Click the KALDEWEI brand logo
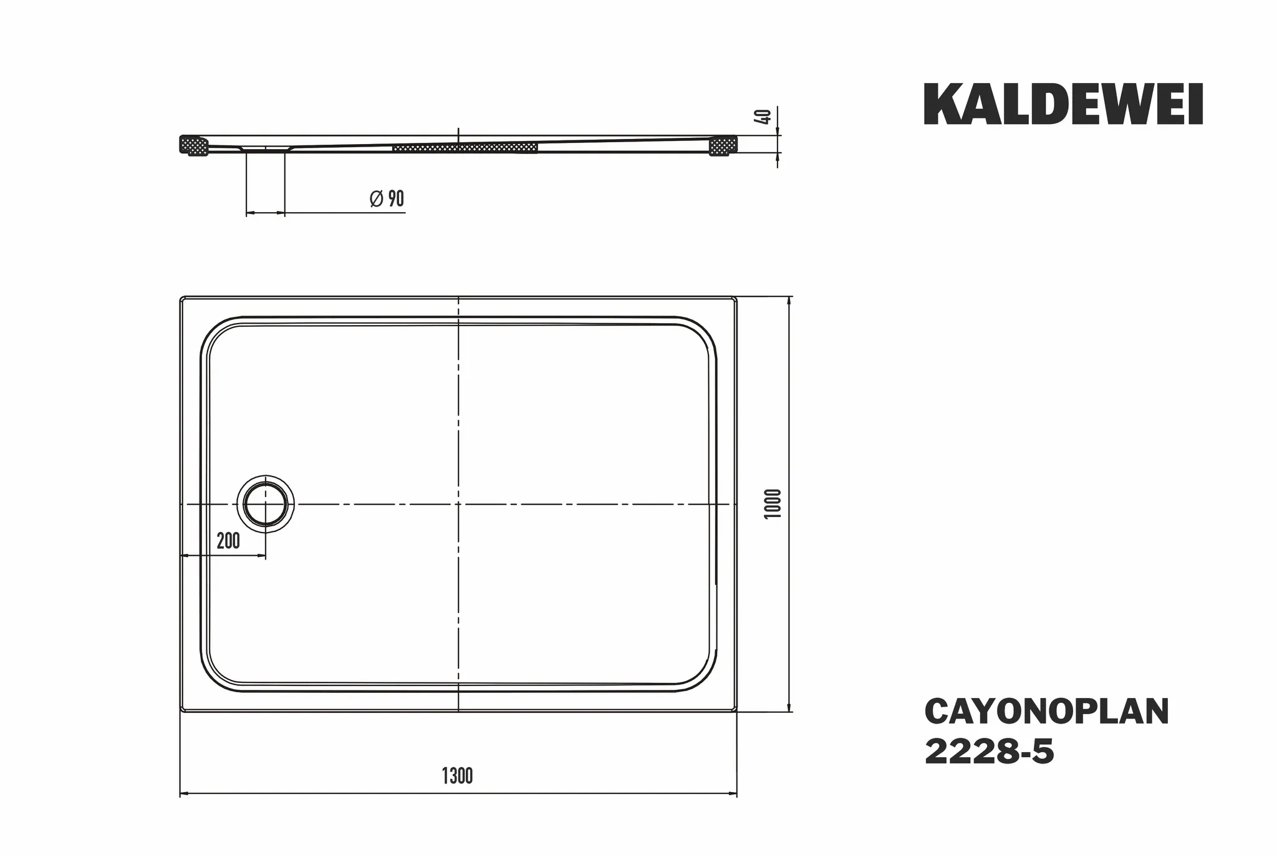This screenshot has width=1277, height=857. [x=1063, y=105]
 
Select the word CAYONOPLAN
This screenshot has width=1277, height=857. [x=1046, y=712]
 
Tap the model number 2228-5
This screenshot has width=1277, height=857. [x=989, y=752]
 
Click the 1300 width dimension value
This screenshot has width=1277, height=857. [x=457, y=777]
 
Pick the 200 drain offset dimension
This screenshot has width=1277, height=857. [x=228, y=541]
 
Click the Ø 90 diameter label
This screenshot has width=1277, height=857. [x=387, y=199]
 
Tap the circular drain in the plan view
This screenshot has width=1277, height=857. [x=266, y=504]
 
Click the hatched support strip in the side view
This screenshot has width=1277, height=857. [x=465, y=148]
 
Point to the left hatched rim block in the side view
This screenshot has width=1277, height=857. [x=194, y=146]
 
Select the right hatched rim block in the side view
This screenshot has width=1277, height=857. [x=723, y=146]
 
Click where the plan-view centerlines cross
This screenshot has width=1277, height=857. [x=458, y=503]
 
